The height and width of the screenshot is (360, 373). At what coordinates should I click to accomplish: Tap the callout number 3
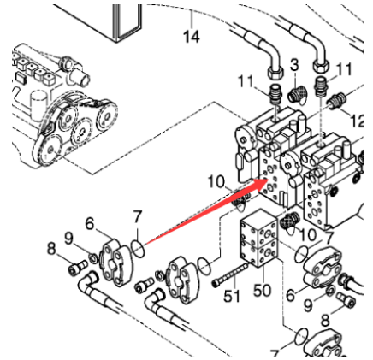coord(295,65)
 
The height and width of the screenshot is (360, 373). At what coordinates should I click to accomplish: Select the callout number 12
coord(358,121)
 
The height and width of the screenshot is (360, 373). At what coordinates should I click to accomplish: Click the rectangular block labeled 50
coord(258,244)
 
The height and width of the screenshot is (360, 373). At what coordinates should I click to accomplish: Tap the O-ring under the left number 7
coord(138,249)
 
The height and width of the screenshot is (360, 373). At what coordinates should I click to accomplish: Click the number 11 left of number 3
coord(246,81)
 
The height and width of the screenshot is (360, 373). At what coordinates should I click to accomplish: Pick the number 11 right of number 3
coord(345,69)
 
